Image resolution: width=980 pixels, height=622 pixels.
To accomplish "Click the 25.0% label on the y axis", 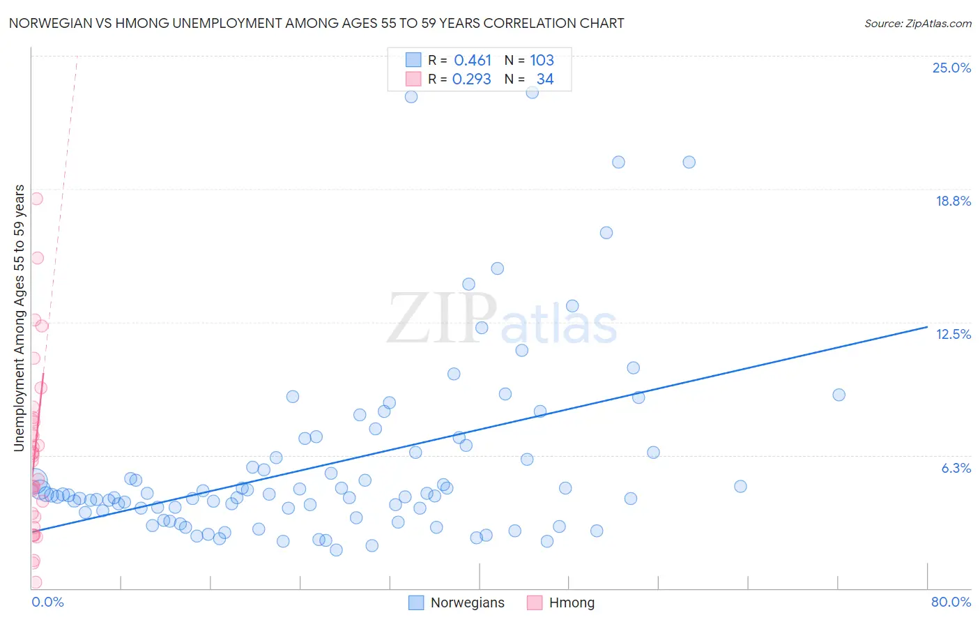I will click(951, 68).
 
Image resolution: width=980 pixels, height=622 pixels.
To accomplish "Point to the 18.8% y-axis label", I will click(953, 201).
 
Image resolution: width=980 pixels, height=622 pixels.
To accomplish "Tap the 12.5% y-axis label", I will click(953, 334).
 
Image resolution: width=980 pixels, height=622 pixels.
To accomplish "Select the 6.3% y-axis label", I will click(956, 468).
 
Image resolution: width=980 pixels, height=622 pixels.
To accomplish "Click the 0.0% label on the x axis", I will click(47, 602).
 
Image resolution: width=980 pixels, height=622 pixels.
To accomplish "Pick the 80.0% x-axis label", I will click(951, 602).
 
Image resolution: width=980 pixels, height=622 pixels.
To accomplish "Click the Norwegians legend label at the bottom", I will click(467, 602).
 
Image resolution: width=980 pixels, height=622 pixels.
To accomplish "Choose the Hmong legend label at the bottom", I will click(572, 602).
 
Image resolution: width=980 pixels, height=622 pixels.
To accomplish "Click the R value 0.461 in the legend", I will click(473, 61).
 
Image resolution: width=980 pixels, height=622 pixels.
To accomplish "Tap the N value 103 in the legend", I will click(542, 61).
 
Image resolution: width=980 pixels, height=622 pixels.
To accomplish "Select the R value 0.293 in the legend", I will click(472, 79).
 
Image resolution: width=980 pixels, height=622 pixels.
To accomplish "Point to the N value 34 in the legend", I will click(545, 79).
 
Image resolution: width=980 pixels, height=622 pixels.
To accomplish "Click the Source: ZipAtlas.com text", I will click(917, 24).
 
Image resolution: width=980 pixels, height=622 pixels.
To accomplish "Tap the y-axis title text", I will click(20, 318).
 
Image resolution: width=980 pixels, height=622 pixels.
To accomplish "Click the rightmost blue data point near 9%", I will click(839, 395).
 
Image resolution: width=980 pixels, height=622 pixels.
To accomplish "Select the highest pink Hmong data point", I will click(36, 199).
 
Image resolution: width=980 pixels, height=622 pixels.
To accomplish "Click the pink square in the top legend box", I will click(413, 79).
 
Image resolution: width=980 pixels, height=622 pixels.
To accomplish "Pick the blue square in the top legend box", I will click(413, 60).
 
